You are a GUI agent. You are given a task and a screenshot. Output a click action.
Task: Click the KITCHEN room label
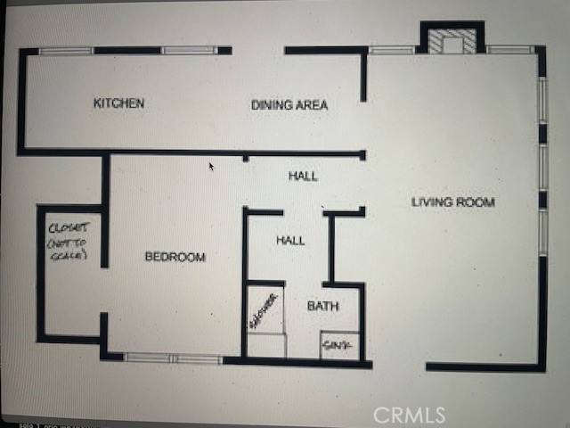118,103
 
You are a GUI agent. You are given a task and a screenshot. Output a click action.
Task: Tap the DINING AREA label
289,105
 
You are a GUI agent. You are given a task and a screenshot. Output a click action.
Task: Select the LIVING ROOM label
452,202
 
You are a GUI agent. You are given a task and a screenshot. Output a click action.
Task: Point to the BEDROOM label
175,257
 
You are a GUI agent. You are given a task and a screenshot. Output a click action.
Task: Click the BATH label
322,306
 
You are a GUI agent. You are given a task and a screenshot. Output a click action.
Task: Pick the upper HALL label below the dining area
303,176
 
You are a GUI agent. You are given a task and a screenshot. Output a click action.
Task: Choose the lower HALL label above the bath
290,241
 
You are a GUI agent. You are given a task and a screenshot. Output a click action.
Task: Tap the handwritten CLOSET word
67,227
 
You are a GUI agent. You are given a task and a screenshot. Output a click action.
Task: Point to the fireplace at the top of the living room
452,41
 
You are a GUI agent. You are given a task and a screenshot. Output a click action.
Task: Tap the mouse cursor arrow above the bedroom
211,166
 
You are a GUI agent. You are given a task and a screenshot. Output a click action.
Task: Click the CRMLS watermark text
409,415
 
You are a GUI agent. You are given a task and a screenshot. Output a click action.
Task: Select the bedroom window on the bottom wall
173,358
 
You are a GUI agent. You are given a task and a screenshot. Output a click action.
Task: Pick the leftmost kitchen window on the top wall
67,51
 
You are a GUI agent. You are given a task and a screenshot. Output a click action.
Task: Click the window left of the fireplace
392,50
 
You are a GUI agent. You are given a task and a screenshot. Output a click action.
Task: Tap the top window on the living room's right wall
541,100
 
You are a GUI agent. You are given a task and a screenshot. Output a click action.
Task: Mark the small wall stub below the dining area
245,158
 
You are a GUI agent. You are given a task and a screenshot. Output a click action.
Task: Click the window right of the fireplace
510,50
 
